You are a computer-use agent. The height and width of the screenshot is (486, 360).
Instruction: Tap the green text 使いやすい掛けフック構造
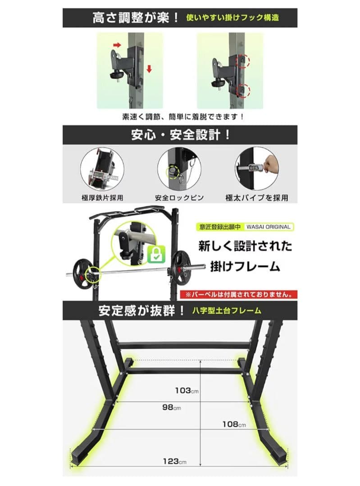232,18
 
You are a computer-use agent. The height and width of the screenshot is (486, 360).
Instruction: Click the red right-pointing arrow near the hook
117,45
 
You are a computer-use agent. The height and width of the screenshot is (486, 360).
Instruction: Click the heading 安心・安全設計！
180,135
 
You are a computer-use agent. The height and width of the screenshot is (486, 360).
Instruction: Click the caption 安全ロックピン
179,198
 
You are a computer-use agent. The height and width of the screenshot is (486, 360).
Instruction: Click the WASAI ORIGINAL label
269,227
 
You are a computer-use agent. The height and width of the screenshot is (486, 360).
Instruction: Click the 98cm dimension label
172,408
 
